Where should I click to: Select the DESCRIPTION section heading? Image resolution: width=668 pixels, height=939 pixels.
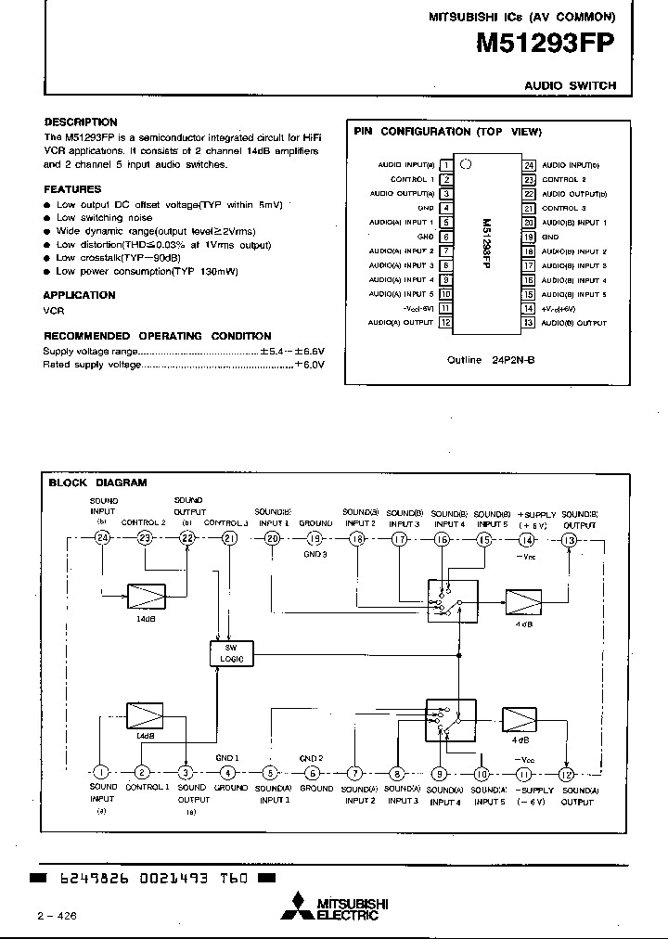click(81, 122)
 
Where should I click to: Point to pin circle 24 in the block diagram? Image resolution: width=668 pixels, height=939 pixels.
click(102, 538)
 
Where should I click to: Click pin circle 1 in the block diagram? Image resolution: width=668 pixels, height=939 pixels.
click(101, 772)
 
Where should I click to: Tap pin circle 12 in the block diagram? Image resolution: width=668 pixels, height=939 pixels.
click(567, 772)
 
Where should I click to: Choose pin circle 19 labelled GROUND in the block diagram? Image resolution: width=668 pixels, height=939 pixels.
click(315, 538)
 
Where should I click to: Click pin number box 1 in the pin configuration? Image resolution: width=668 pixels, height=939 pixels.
click(445, 165)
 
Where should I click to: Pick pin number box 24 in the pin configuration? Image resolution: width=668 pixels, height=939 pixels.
click(528, 165)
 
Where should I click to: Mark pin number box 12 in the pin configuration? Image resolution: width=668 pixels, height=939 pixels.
click(445, 323)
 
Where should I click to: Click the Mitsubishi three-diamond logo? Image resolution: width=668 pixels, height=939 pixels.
click(299, 905)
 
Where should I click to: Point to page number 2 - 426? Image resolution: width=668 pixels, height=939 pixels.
click(58, 916)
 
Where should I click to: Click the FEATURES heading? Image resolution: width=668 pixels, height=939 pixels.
click(73, 189)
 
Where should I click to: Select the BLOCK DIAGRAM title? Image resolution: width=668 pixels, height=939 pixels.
click(97, 482)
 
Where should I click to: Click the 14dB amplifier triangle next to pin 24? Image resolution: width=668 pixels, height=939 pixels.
click(146, 595)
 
